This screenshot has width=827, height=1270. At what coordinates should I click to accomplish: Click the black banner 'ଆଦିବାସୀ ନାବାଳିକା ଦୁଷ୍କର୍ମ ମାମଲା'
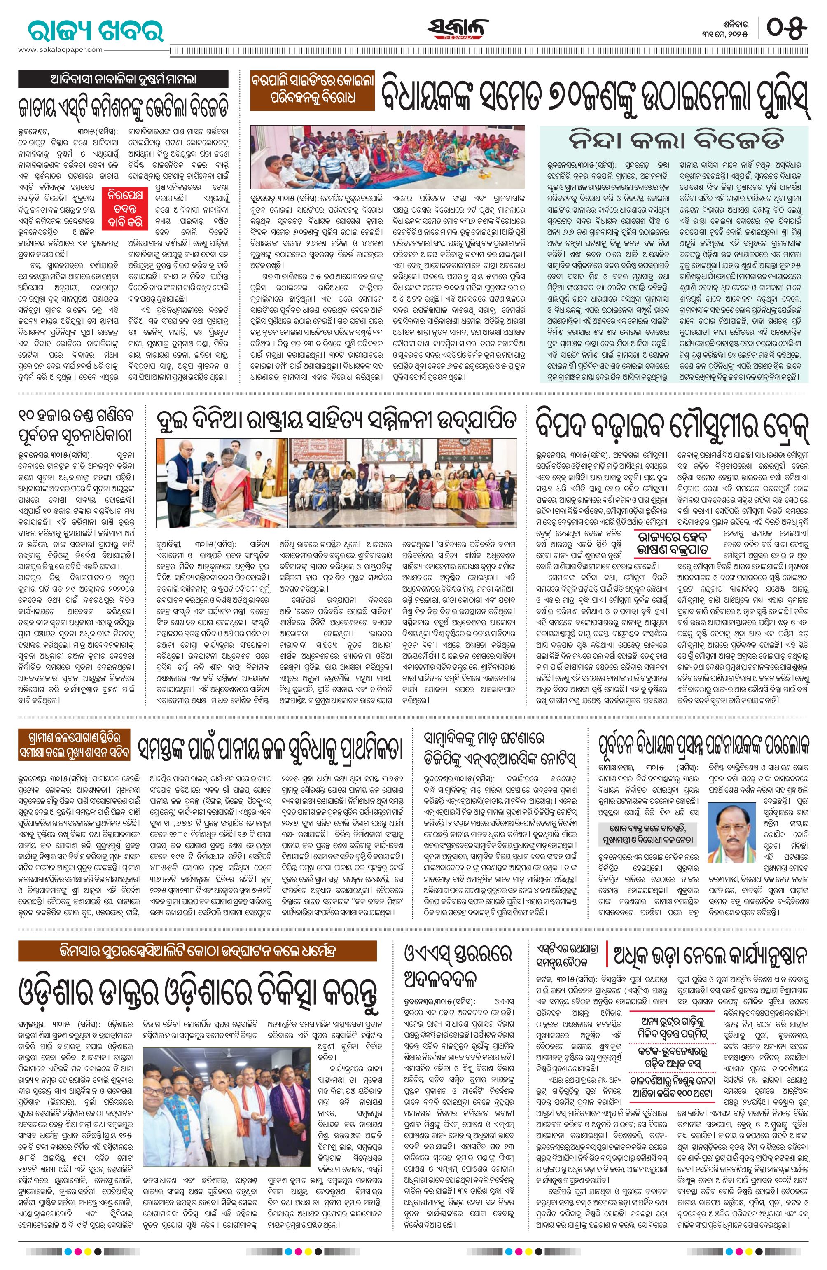click(123, 80)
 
